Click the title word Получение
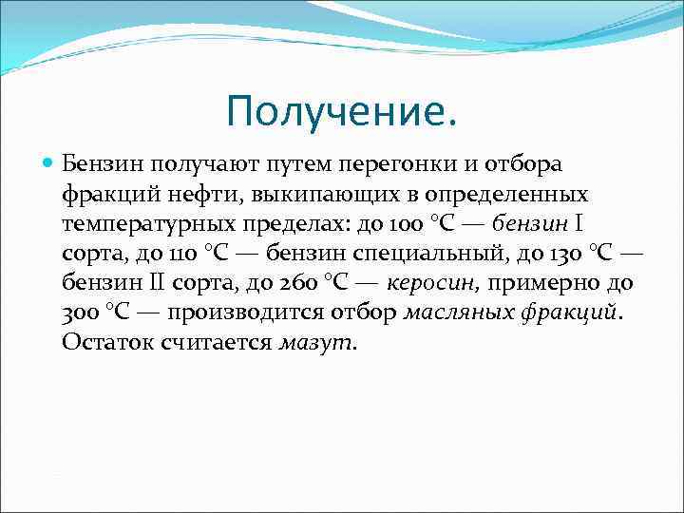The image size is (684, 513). click(341, 113)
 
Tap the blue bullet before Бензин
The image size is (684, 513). click(49, 163)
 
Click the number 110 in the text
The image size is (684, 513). click(181, 254)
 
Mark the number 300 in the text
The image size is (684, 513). click(82, 314)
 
